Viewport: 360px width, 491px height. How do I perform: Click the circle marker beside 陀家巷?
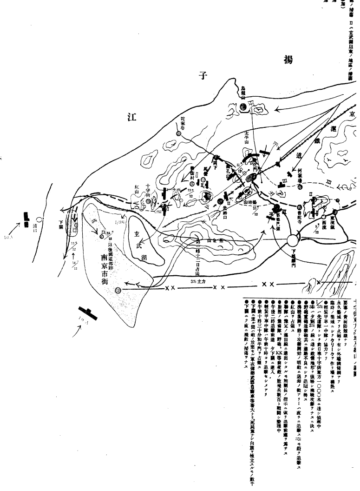[x=179, y=133]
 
